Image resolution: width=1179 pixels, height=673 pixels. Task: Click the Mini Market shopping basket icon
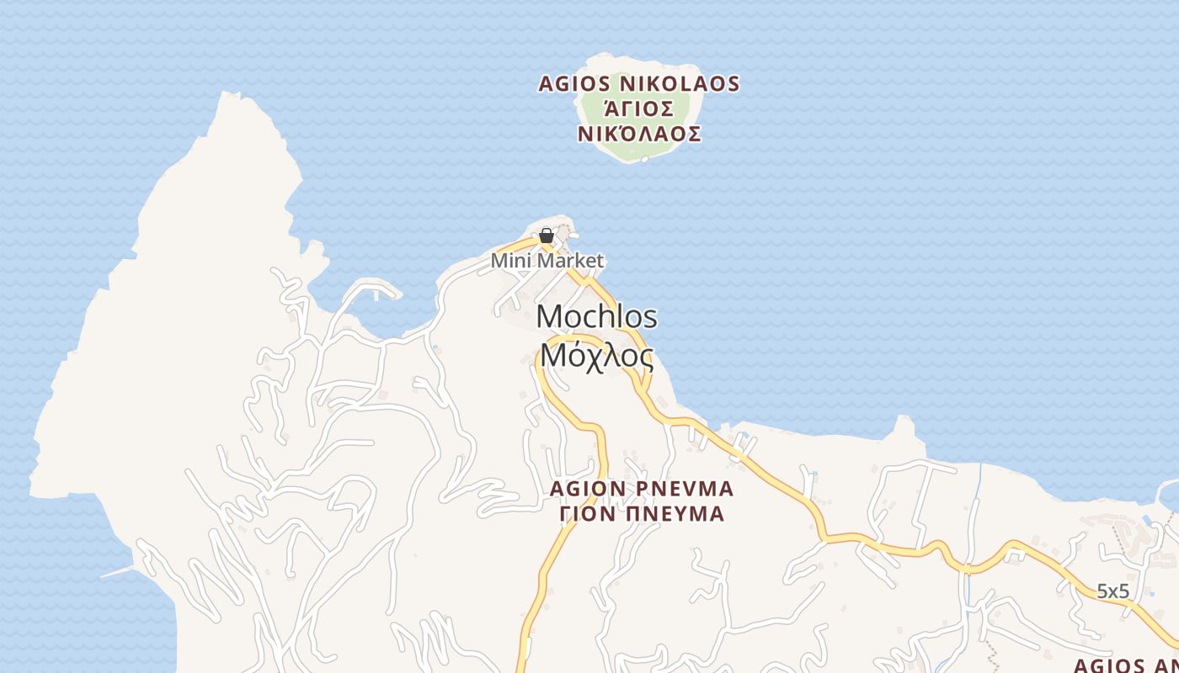[x=546, y=236]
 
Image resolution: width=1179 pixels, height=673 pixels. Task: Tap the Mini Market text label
[x=547, y=261]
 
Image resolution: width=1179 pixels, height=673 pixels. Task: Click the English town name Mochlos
[x=596, y=317]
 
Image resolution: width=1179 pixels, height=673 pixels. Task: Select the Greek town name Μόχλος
[x=596, y=356]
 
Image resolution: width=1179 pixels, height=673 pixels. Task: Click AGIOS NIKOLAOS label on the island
[x=639, y=84]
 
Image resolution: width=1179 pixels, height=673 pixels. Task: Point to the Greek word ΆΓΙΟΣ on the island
[x=639, y=109]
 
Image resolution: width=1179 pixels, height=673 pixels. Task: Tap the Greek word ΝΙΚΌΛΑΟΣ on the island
[x=639, y=135]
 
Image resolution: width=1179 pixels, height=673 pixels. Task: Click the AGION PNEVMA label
[x=641, y=489]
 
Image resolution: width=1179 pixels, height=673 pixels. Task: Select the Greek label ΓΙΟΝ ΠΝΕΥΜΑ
[x=643, y=514]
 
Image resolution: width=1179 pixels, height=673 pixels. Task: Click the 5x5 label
[x=1112, y=591]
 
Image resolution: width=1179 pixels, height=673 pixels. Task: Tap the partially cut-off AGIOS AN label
[x=1126, y=665]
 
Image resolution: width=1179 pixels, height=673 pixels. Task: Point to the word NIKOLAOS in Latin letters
[x=680, y=84]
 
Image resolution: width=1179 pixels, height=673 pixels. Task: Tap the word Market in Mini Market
[x=571, y=261]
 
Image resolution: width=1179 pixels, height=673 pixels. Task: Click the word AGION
[x=588, y=489]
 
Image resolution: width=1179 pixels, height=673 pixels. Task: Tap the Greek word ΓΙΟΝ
[x=588, y=514]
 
